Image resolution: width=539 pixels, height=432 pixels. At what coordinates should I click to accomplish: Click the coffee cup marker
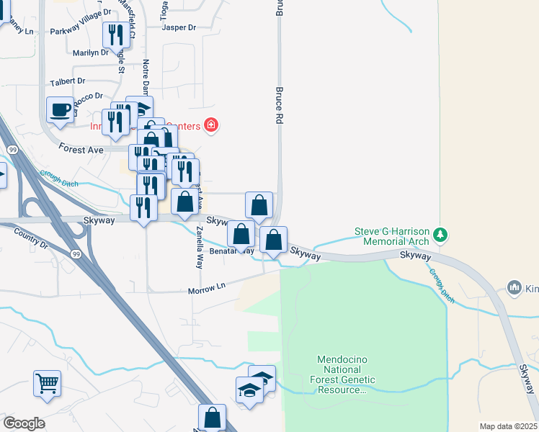pos(61,110)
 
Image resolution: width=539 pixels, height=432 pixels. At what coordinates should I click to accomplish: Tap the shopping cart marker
pos(47,382)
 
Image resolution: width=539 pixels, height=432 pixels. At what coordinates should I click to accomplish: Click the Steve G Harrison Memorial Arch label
pos(392,236)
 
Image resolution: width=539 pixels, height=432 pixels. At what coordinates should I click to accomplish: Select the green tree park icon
pos(442,235)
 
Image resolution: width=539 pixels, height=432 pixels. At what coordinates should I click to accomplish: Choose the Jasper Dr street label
pos(179,27)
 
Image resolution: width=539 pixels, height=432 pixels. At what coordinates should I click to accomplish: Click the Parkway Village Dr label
pos(81,32)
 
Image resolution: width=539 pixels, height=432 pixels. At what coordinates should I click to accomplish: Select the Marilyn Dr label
pos(91,53)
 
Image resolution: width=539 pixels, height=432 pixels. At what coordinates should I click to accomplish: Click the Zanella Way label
pos(200,248)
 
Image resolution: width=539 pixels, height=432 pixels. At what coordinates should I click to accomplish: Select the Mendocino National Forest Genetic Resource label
pos(342,374)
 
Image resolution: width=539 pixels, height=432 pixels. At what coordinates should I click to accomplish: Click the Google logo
pos(24,423)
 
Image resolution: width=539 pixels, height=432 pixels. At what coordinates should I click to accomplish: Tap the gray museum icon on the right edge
pos(514,288)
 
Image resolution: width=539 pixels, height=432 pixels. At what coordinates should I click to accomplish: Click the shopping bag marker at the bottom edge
pos(212,417)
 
